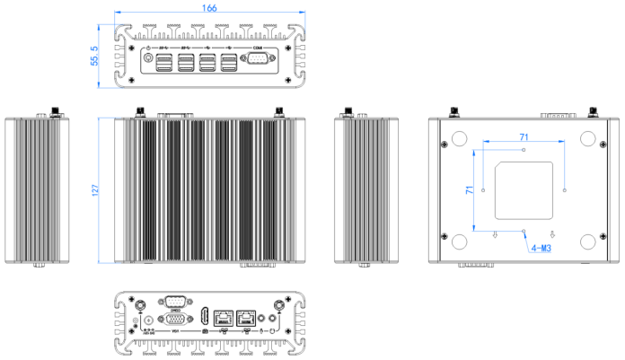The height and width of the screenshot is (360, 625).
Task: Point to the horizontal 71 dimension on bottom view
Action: point(523,135)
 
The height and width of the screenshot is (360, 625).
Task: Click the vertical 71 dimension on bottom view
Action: point(469,190)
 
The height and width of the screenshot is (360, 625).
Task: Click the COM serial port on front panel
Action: point(259,61)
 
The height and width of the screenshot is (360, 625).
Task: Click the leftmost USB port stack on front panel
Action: point(165,63)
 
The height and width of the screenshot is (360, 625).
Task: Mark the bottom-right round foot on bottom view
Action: point(589,241)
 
